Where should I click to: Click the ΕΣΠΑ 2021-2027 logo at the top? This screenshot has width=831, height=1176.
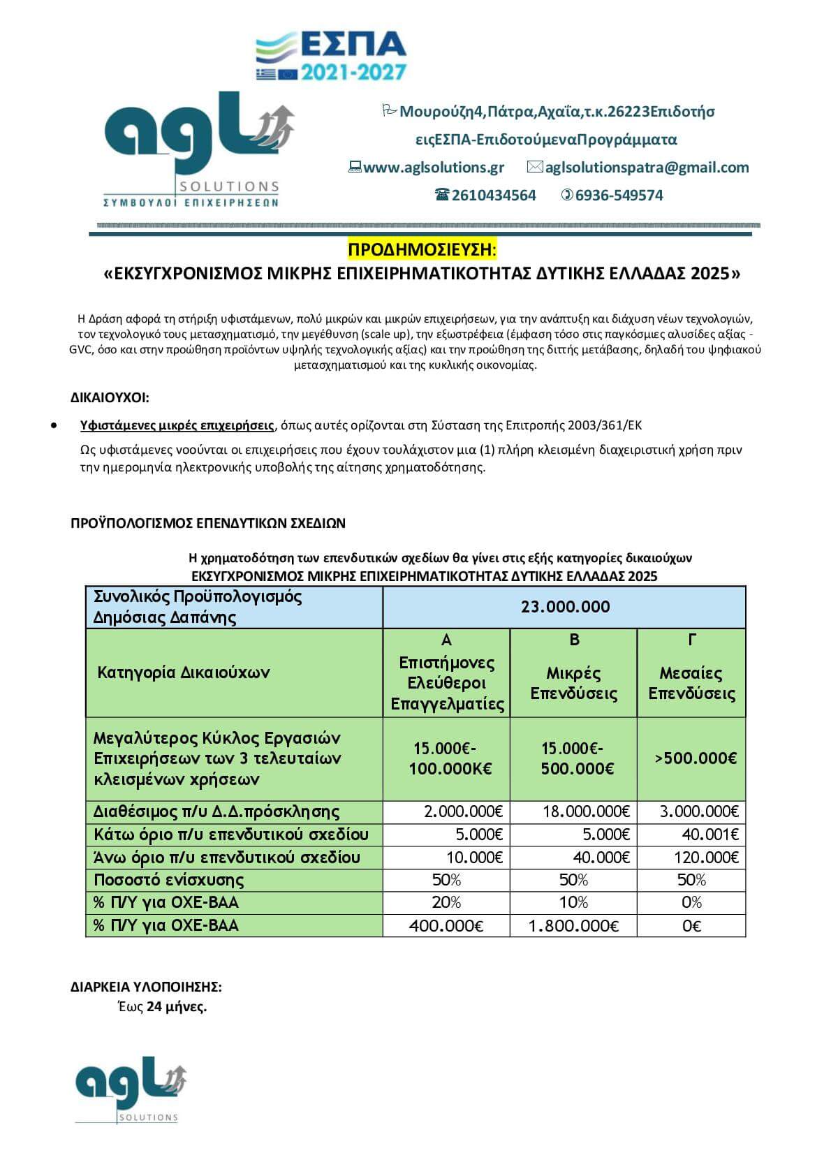coord(332,56)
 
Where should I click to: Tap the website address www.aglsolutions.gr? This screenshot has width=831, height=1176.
coord(434,168)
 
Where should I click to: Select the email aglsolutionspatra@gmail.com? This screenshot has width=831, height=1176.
coord(647,168)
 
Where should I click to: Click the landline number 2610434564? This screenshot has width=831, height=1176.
coord(494,196)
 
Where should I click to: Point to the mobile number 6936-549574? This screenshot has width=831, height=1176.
coord(619,196)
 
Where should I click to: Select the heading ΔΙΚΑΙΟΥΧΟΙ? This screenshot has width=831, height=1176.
coord(110,398)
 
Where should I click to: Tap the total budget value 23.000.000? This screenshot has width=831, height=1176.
coord(565,607)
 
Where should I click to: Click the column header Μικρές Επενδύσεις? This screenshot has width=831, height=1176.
coord(573,683)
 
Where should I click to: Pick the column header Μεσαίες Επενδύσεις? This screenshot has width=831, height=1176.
coord(691,683)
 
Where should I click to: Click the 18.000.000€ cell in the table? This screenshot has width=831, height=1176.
coord(586,811)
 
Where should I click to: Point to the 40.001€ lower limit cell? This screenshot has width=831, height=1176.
coord(709,835)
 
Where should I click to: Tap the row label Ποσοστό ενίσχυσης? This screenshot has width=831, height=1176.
coord(169,880)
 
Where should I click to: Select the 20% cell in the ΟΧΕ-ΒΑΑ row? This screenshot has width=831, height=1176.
coord(446,902)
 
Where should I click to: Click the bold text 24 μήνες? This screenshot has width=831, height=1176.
coord(177,1007)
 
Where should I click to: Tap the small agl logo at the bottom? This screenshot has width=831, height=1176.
coord(130,1089)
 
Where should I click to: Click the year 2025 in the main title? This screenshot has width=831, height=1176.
coord(709,274)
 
